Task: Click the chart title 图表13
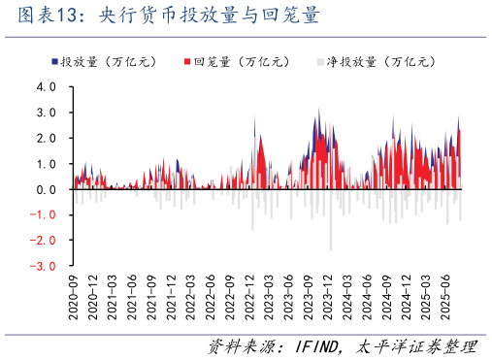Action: [x=39, y=17]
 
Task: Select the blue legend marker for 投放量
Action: [x=54, y=61]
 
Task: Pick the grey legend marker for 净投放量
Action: [x=320, y=61]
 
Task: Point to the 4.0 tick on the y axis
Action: [x=46, y=86]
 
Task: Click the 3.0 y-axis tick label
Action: [x=46, y=113]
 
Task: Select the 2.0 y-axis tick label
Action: [x=46, y=138]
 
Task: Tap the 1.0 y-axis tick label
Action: [x=46, y=163]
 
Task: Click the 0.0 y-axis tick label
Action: [x=46, y=189]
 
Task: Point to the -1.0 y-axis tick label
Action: [x=44, y=214]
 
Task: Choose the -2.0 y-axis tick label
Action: [x=44, y=240]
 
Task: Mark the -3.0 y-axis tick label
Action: [x=44, y=265]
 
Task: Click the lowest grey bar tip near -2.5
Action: [x=331, y=249]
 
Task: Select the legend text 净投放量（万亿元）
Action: [x=378, y=61]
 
